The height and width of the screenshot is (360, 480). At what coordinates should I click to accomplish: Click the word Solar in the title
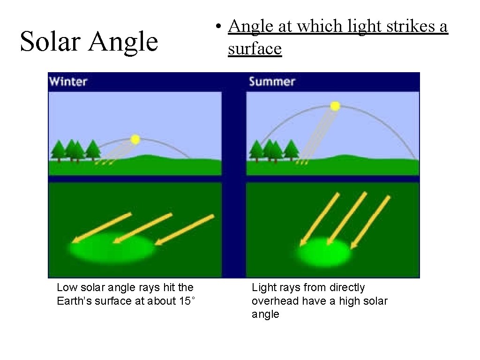[x=50, y=41]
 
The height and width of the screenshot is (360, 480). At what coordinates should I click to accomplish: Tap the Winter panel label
[x=68, y=82]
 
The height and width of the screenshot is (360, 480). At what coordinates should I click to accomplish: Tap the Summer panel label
[x=272, y=82]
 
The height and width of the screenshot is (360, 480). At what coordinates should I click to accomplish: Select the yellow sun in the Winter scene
[x=135, y=139]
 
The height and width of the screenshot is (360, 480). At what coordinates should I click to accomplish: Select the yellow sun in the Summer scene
[x=335, y=106]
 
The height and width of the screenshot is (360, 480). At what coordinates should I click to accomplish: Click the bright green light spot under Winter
[x=112, y=247]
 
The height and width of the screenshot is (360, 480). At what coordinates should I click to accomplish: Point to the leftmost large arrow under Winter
[x=102, y=228]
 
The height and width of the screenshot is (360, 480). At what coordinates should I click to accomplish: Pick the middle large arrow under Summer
[x=346, y=218]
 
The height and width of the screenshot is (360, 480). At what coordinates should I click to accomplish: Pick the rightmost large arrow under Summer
[x=370, y=221]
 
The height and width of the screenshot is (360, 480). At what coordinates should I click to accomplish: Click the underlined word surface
[x=255, y=48]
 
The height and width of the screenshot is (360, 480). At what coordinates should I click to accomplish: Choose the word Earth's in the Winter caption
[x=73, y=301]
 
